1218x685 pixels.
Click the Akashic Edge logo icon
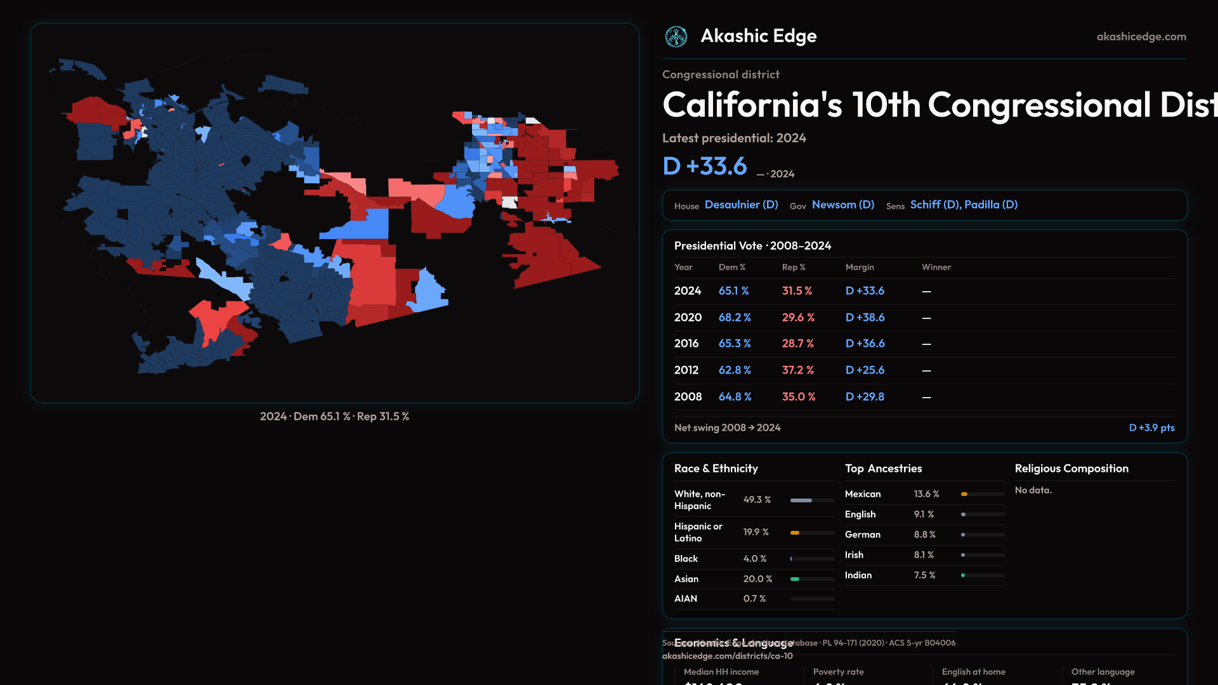coord(676,37)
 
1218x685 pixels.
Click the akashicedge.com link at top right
coord(1141,37)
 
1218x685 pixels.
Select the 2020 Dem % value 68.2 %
coord(735,317)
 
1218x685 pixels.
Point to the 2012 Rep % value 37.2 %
coord(797,370)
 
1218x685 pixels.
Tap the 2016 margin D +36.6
coord(865,343)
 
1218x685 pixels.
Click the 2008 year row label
coord(688,396)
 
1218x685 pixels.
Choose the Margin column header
coord(860,267)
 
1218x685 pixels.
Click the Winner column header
coord(936,267)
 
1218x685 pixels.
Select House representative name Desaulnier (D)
coord(741,205)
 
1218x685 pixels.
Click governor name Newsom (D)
coord(842,205)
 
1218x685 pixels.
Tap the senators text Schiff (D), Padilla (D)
coord(964,205)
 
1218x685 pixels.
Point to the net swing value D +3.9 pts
coord(1151,427)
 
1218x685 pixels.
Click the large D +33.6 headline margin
coord(705,166)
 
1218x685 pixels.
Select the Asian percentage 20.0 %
coord(757,579)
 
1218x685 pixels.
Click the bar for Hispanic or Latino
coord(812,533)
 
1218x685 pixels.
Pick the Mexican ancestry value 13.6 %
coord(926,494)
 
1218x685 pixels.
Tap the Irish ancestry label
coord(854,555)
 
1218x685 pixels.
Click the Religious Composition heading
coord(1071,469)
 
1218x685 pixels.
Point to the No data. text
coord(1033,490)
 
